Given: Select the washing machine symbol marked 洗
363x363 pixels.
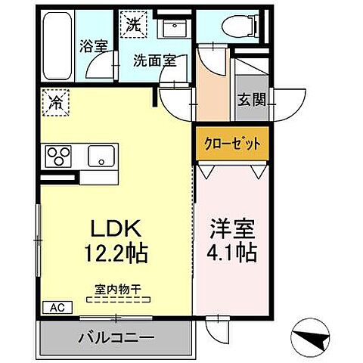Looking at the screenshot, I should tap(134, 23).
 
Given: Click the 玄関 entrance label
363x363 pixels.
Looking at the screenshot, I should tap(251, 99).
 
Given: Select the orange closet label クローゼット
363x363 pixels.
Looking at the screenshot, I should tap(233, 143).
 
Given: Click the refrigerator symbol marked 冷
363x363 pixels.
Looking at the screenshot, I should tap(57, 99).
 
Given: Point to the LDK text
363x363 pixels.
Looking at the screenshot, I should tap(115, 228).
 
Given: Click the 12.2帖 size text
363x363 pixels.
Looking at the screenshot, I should tap(115, 251).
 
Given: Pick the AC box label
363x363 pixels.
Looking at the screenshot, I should tap(57, 307).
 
